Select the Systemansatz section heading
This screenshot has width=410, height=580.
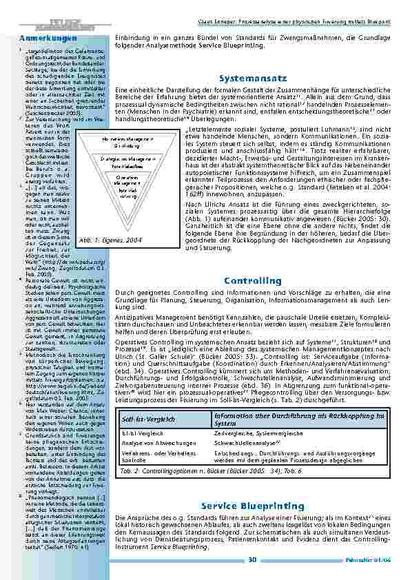(252, 79)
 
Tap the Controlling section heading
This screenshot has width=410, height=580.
(252, 281)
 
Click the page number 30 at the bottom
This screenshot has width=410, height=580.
(252, 559)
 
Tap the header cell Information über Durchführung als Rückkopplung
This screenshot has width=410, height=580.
(283, 419)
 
